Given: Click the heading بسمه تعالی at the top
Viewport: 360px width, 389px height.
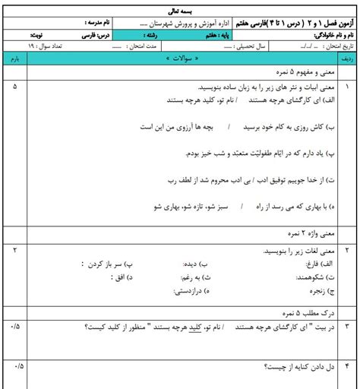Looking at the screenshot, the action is [179, 5].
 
